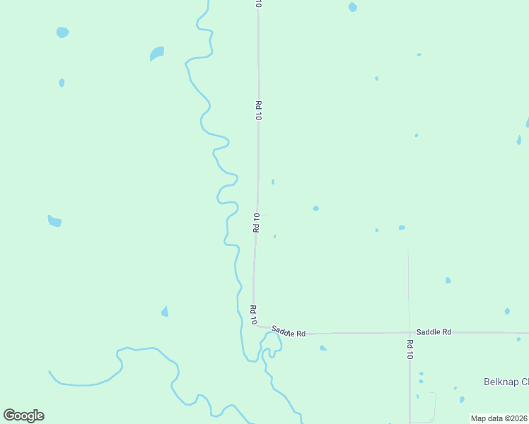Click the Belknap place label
tap(506, 382)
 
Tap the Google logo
tap(23, 416)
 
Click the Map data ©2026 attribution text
tap(499, 418)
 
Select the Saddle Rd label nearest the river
tap(289, 331)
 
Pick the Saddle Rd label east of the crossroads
tap(434, 331)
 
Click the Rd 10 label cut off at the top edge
tap(259, 4)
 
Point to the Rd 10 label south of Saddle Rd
tap(409, 350)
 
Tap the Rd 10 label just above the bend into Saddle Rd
tap(253, 314)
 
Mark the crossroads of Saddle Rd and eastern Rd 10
tap(409, 332)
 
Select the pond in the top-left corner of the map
tap(62, 32)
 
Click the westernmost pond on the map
tap(54, 221)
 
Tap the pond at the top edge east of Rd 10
tap(352, 7)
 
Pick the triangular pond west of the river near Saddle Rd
tap(165, 311)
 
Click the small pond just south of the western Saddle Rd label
tap(322, 348)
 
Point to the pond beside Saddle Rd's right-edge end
tap(518, 338)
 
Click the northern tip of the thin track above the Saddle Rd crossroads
tap(408, 252)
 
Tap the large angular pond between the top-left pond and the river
tap(157, 53)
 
